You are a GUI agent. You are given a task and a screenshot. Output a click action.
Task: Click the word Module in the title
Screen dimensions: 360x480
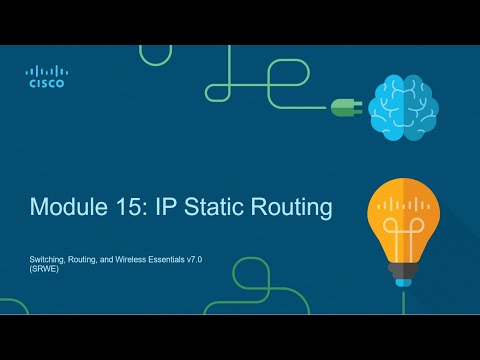point(67,208)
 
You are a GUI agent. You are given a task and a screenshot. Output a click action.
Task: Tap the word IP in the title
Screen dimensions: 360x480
point(164,208)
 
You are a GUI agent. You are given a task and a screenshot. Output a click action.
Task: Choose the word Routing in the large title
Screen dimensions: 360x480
point(292,209)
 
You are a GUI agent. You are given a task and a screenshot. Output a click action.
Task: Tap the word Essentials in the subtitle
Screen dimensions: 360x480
point(180,259)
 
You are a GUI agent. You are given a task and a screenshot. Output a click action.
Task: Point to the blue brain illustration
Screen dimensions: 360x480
point(402,107)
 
